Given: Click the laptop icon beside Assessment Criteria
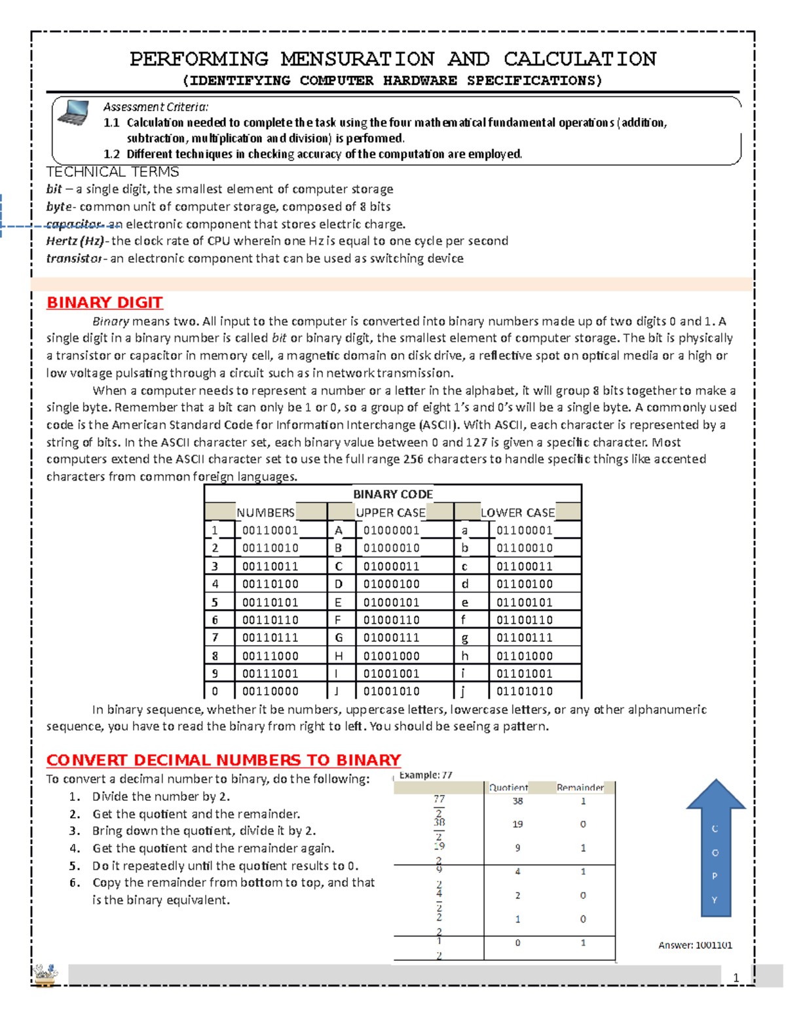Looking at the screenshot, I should (73, 113).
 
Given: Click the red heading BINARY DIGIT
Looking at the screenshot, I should (104, 303).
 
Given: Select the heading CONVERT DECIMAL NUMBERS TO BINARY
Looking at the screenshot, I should (223, 760).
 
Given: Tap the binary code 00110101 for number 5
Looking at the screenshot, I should (270, 602).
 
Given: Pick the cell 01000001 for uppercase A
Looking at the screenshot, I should (391, 531).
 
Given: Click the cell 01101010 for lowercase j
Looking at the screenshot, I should (524, 692).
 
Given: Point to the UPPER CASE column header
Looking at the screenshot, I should (390, 513).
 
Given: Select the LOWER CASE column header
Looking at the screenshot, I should (517, 513).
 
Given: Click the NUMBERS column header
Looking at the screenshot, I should (265, 513).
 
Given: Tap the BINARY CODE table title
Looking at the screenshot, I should (393, 494).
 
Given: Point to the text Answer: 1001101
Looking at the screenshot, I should (695, 945).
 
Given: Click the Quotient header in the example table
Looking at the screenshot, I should (508, 788).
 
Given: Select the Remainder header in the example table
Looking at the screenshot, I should (580, 788).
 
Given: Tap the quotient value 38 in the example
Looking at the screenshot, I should (517, 801).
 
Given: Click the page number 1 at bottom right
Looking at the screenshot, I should (736, 978).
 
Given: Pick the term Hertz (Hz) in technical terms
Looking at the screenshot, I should (74, 241).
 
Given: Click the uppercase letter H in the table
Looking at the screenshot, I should (339, 656).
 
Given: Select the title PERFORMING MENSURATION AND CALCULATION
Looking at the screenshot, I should (392, 59).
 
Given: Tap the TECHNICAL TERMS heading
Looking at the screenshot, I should (113, 172).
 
